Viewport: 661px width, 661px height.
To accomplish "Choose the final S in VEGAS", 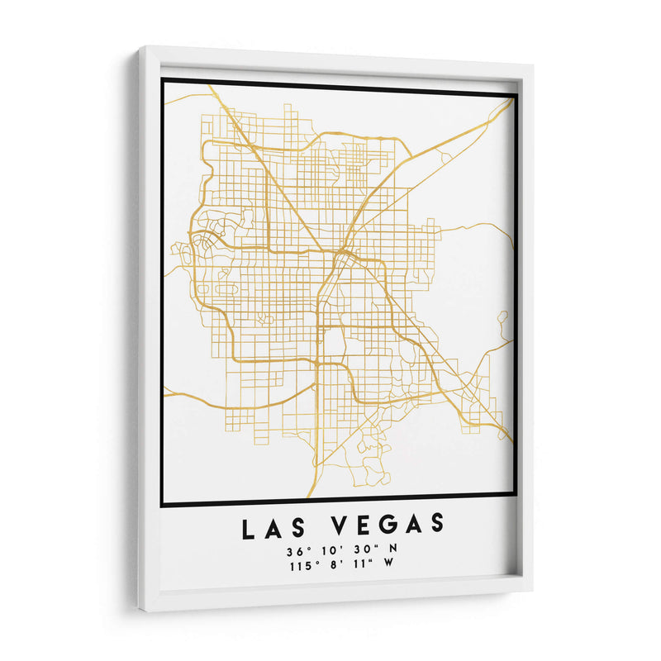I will [435, 523].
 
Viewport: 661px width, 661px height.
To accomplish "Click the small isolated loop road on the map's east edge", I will [502, 316].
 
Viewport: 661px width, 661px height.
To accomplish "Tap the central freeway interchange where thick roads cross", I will [339, 252].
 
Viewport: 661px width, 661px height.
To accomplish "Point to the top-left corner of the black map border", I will [163, 80].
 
